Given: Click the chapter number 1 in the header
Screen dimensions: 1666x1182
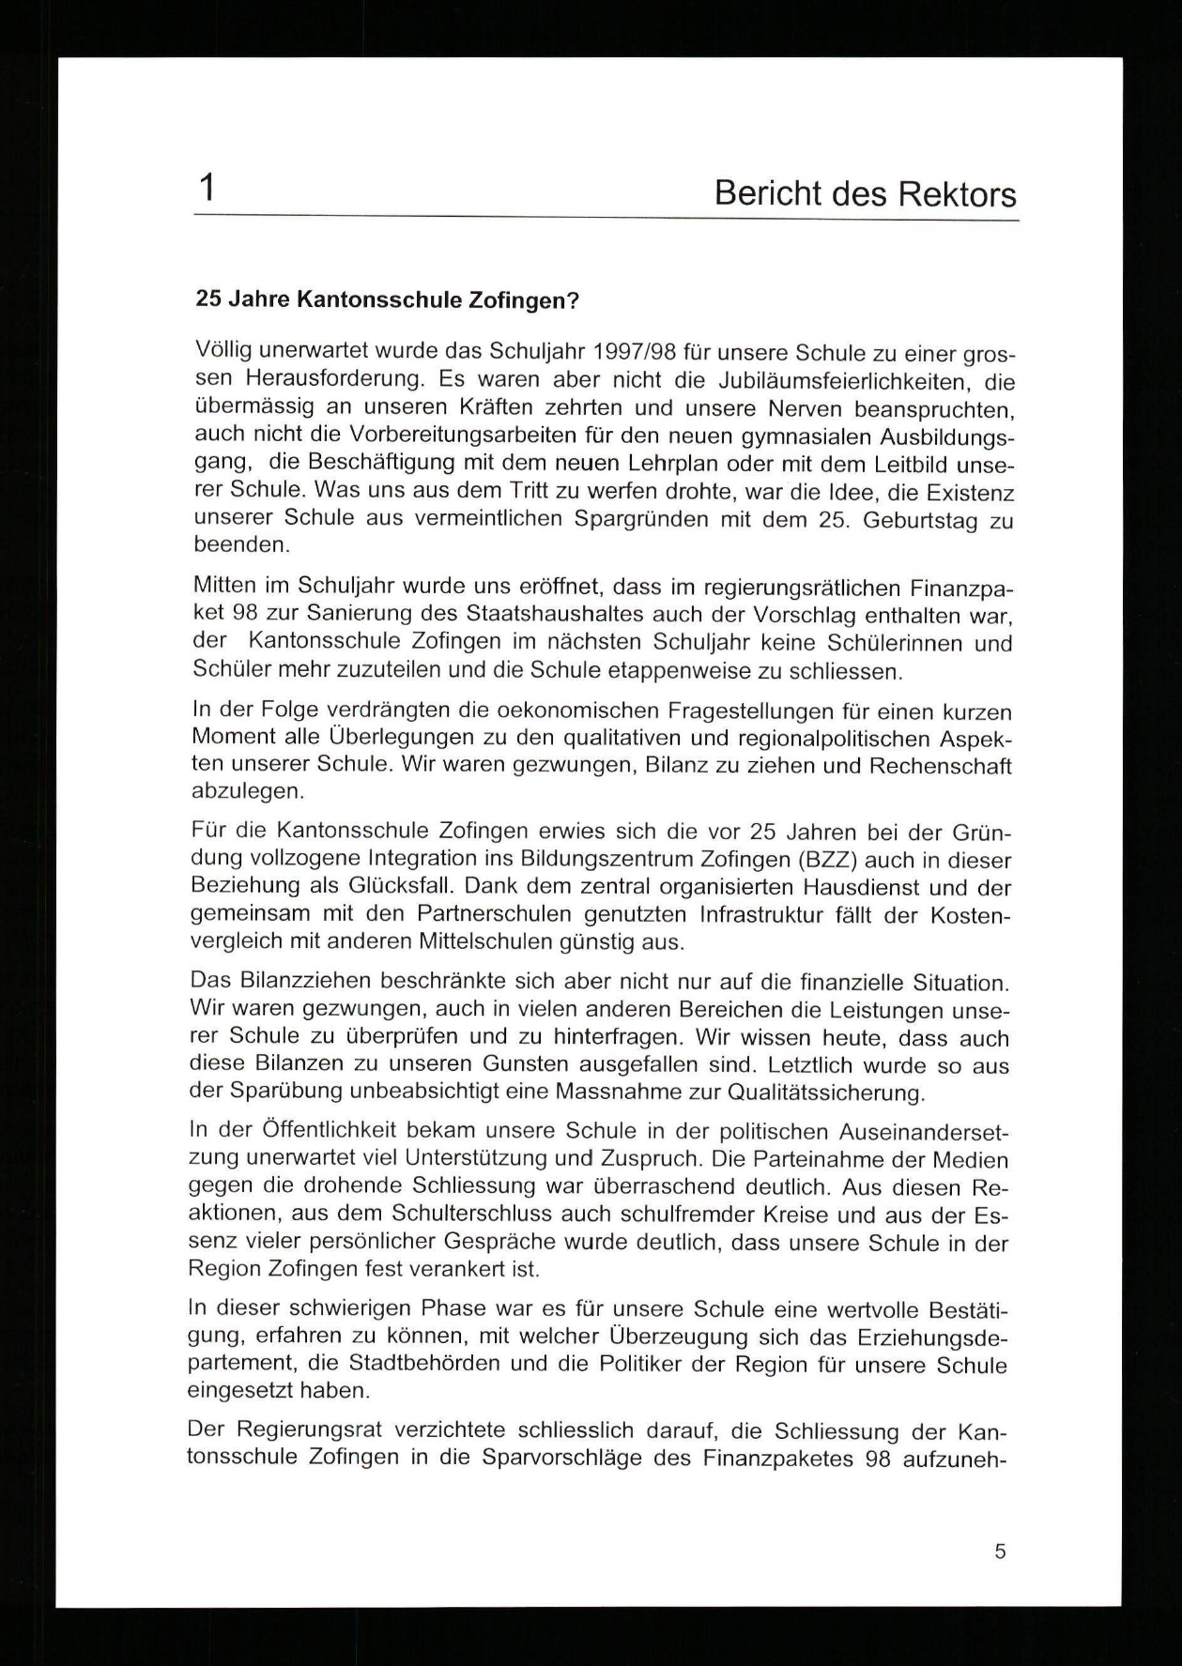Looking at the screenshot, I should (x=207, y=189).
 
